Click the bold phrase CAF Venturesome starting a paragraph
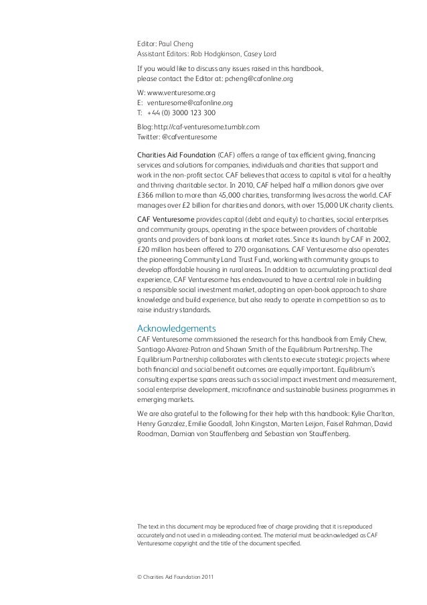click(x=166, y=220)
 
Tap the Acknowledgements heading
click(x=176, y=328)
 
